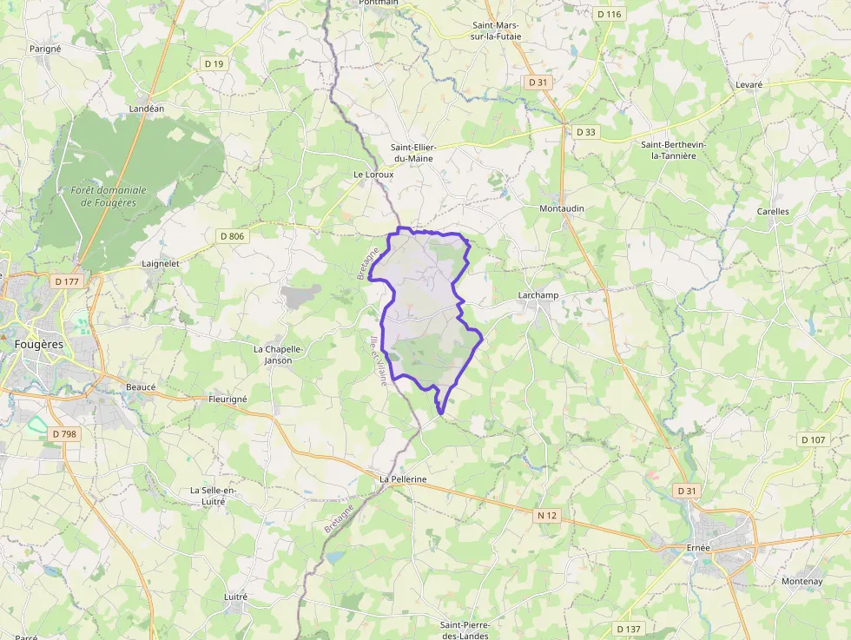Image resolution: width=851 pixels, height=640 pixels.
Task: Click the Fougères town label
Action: (x=39, y=344)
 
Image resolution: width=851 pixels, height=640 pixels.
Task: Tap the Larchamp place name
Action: (x=538, y=295)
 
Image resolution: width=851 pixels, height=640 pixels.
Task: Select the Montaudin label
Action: (x=562, y=209)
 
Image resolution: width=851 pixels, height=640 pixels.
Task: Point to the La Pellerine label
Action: (x=403, y=479)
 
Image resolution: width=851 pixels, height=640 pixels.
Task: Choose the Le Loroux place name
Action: (x=373, y=175)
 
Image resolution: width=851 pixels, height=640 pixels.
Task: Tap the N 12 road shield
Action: (x=546, y=516)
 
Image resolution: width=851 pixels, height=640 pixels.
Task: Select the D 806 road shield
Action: (x=232, y=235)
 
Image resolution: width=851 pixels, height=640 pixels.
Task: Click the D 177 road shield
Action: (x=66, y=281)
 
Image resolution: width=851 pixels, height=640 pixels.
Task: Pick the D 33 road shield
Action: (x=586, y=132)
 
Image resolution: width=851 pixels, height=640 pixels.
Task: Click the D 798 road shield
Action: (x=64, y=433)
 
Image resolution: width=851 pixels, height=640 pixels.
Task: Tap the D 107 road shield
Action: (x=813, y=439)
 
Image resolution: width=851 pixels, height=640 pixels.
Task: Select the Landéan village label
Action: (x=146, y=109)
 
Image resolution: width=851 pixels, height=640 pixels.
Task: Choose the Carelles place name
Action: (x=773, y=211)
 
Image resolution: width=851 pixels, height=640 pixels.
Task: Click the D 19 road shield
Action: (x=214, y=63)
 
